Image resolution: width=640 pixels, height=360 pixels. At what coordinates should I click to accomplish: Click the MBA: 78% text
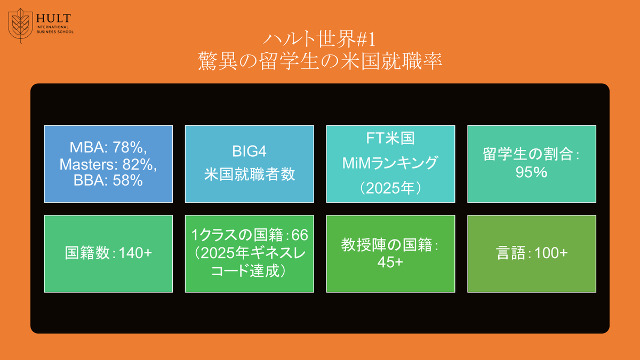click(108, 147)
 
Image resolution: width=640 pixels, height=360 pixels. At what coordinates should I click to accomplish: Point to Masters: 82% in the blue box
click(108, 164)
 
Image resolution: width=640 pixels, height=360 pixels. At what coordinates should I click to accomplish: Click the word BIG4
click(249, 152)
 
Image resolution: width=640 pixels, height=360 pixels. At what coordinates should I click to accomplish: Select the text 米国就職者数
click(249, 175)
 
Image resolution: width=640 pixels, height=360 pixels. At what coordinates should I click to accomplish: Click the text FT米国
click(390, 139)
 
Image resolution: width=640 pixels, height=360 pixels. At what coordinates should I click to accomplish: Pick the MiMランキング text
click(390, 163)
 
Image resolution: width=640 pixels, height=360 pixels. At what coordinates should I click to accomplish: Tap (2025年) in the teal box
click(390, 188)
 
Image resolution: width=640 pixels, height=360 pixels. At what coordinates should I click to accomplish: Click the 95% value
click(531, 173)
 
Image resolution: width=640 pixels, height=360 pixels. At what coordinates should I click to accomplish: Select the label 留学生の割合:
click(531, 156)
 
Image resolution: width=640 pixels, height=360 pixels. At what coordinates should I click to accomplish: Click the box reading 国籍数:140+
click(108, 254)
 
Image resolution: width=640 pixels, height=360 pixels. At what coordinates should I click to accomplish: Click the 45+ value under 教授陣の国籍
click(390, 262)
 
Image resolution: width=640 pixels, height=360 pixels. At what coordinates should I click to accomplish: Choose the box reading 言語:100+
click(531, 254)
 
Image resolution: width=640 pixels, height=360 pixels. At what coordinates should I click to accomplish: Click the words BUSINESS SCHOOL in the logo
click(55, 32)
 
